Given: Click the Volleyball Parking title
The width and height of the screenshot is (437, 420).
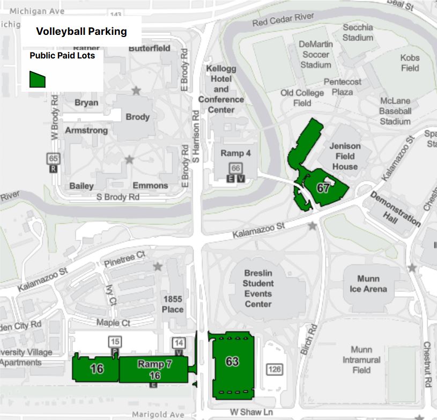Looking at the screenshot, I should point(82,31).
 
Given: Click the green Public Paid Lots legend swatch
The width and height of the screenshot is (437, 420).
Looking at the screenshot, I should point(37,79).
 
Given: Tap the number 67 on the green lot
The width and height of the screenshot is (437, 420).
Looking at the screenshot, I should point(323,188).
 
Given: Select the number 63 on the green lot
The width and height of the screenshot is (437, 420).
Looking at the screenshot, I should point(232,362).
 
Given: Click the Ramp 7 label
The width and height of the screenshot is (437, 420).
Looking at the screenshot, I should point(154,364).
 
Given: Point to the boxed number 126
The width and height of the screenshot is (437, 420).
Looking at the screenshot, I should point(275,369).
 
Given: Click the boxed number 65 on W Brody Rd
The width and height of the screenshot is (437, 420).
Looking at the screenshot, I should point(53,159).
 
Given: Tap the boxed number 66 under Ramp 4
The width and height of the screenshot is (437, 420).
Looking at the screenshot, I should point(236,168).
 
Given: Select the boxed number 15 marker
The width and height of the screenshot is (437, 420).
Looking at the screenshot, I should point(114,341).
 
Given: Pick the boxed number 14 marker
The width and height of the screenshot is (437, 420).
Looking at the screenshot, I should point(179,343).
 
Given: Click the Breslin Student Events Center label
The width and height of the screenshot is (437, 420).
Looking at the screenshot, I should point(258,288).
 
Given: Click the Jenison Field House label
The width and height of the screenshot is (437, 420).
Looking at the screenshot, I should point(345,156).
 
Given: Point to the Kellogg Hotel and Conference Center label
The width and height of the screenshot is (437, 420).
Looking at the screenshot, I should point(221,89).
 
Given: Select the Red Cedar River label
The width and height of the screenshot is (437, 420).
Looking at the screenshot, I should point(283,20).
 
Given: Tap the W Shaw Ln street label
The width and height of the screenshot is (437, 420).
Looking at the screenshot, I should point(251,412).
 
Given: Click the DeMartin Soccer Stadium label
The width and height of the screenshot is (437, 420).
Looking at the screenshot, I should point(315,54).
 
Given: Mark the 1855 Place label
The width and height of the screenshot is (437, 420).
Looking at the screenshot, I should point(173,304).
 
